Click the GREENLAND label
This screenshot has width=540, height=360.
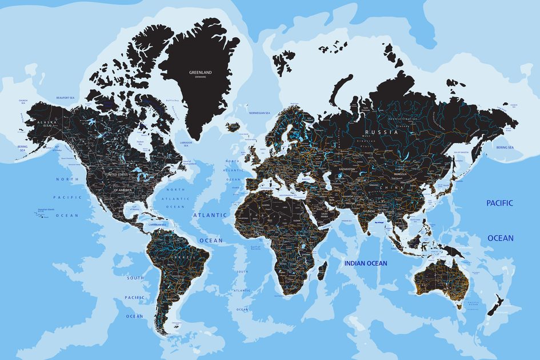(x=200, y=73)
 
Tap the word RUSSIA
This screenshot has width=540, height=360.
(x=377, y=131)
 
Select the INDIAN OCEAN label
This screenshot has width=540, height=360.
(x=365, y=263)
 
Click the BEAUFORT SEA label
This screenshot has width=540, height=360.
(x=66, y=98)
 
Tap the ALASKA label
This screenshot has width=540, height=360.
(x=44, y=122)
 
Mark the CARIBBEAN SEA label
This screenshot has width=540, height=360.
(x=157, y=225)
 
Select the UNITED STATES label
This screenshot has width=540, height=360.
(x=118, y=173)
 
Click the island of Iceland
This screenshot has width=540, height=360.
(x=233, y=126)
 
